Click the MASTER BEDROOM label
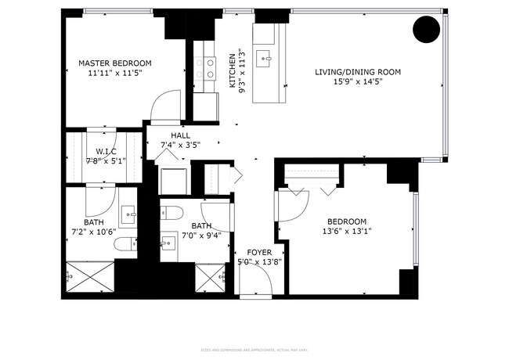click(114, 63)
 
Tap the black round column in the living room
click(426, 30)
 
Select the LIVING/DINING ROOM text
click(357, 72)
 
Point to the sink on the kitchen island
click(267, 57)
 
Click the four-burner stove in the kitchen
click(208, 69)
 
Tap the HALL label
click(180, 135)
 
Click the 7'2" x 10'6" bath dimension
click(93, 231)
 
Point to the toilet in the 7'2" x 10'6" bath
click(123, 246)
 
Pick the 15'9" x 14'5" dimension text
click(357, 82)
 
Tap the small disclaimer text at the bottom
click(254, 349)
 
